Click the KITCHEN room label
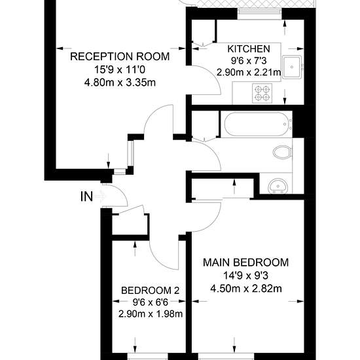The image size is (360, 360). (x=249, y=49)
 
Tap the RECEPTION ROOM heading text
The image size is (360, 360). (x=120, y=56)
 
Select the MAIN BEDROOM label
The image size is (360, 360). (x=246, y=262)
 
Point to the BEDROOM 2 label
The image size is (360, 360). (x=150, y=291)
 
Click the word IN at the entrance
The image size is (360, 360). (x=87, y=197)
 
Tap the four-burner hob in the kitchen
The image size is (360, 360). (x=262, y=93)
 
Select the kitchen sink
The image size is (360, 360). (x=292, y=67)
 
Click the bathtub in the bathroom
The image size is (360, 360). (x=256, y=124)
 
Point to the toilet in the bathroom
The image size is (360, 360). (x=283, y=152)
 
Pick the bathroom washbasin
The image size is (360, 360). (x=278, y=186)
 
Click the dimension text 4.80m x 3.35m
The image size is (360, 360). (x=120, y=82)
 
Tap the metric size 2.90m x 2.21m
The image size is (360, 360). (x=249, y=73)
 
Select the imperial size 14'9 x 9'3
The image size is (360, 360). (x=246, y=276)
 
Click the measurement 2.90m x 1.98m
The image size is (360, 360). (x=151, y=314)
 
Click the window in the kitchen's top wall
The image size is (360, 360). (x=259, y=14)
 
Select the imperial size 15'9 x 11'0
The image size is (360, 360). (x=120, y=69)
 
